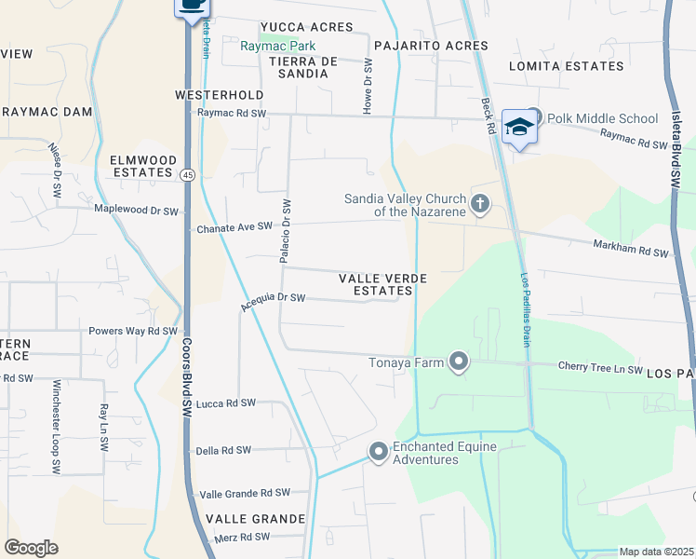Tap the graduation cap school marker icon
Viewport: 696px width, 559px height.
tap(519, 128)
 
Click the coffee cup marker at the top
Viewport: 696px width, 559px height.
tap(192, 5)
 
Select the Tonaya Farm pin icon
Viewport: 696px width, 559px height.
tap(458, 361)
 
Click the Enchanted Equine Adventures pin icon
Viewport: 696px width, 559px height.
tap(378, 452)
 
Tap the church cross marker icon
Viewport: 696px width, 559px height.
tap(479, 204)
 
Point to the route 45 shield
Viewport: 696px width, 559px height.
tap(188, 174)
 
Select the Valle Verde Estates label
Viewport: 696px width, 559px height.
tap(382, 285)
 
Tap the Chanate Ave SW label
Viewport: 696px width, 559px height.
tap(234, 227)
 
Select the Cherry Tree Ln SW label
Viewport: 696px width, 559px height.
tap(600, 370)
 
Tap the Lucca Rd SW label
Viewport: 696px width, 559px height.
tap(225, 403)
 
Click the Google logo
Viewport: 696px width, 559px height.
tap(31, 547)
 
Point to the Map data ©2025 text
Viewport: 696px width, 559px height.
tap(656, 552)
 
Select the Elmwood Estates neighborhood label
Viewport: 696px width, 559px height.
tap(142, 166)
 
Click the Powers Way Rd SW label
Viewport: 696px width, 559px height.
tap(132, 331)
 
